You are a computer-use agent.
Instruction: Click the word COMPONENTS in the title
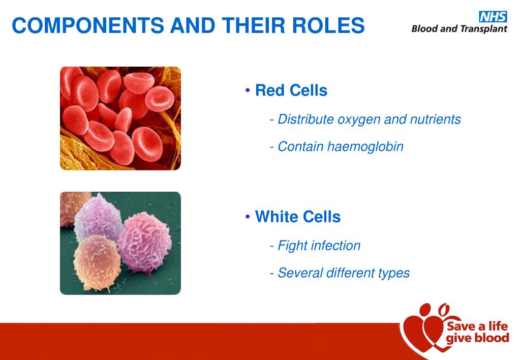click(88, 25)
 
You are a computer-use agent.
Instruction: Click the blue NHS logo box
click(493, 17)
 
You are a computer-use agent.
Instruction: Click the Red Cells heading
click(291, 90)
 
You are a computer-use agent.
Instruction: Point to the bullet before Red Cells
click(248, 90)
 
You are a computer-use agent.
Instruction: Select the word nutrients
click(436, 119)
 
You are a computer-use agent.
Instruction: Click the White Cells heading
click(298, 217)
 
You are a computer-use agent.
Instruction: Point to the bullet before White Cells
click(248, 217)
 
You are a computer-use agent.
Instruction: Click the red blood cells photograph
click(120, 118)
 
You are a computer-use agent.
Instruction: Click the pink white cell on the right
click(144, 242)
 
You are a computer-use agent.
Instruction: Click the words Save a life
click(477, 326)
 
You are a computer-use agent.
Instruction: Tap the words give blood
click(477, 338)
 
